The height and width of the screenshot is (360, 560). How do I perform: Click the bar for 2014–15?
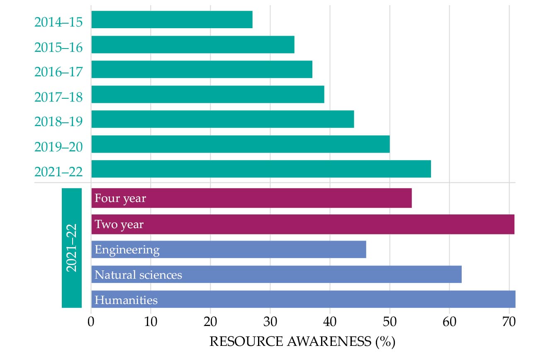click(x=172, y=19)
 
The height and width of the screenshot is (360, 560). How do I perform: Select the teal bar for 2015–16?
click(x=192, y=44)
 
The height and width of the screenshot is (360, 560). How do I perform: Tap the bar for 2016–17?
click(x=202, y=69)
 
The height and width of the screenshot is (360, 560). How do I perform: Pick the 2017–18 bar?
click(x=207, y=94)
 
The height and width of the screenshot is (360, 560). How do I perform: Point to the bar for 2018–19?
click(x=222, y=119)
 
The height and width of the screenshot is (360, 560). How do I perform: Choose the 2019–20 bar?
click(x=240, y=144)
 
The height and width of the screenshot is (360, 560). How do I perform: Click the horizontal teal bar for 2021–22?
click(x=261, y=169)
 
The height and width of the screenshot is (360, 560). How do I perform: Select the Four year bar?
click(x=251, y=198)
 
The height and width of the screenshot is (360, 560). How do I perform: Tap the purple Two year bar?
click(x=302, y=224)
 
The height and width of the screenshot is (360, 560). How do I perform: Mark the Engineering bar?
click(x=229, y=249)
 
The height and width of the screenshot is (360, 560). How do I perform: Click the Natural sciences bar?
click(x=276, y=274)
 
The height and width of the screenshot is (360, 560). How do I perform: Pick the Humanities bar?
click(x=303, y=299)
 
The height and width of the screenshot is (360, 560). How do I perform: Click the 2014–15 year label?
click(x=58, y=22)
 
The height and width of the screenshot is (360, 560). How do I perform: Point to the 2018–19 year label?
click(x=58, y=122)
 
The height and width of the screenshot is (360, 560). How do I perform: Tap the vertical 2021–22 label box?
click(x=72, y=248)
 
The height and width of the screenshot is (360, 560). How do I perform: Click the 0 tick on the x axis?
click(x=91, y=321)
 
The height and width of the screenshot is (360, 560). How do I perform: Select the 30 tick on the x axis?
click(x=270, y=321)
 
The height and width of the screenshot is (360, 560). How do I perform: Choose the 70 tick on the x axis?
click(x=509, y=321)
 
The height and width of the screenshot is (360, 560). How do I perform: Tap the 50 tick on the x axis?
click(x=390, y=321)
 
